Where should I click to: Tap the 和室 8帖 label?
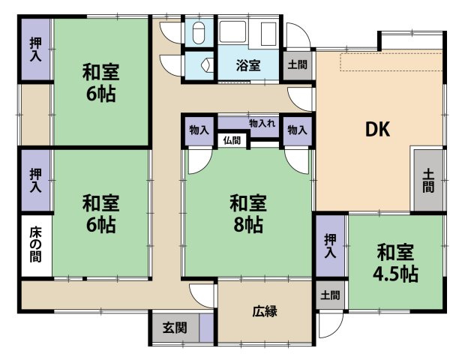click(246, 213)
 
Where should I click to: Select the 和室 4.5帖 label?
click(394, 262)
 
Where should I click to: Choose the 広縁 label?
click(264, 310)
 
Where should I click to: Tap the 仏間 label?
click(232, 139)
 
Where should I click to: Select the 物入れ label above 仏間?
click(262, 122)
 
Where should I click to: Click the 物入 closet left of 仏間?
click(199, 130)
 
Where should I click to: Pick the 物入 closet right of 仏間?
click(297, 130)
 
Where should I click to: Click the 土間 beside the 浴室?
click(297, 65)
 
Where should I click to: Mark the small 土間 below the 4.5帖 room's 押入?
click(329, 295)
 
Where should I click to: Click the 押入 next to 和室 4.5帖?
click(329, 247)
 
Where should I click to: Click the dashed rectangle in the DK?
click(390, 63)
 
